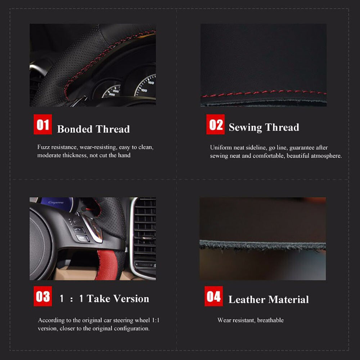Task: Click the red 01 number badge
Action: (43, 124)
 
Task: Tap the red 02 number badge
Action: (215, 124)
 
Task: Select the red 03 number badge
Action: (43, 296)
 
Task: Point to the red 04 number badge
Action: (213, 296)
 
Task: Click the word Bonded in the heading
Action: (75, 129)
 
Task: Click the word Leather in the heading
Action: (247, 300)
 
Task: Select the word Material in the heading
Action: (289, 300)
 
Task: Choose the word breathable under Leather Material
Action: (270, 320)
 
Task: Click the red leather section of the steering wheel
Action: (108, 265)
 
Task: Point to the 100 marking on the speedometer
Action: (144, 90)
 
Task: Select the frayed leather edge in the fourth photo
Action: (262, 246)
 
